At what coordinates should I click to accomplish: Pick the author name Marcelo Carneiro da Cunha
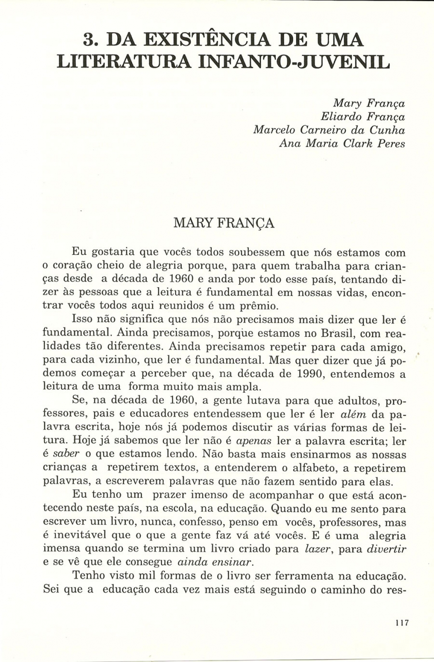[329, 130]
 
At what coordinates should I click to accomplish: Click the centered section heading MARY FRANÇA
[224, 223]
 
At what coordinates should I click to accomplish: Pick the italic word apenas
[254, 441]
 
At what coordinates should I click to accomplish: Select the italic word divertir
[387, 549]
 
